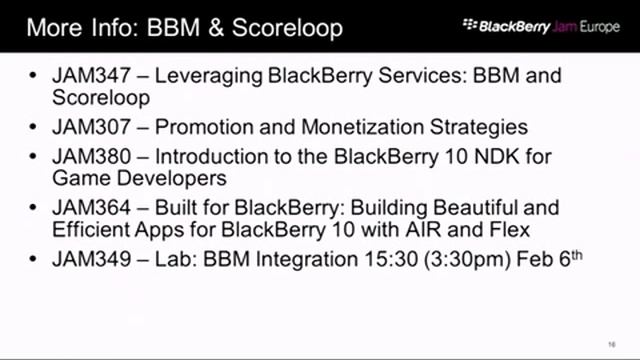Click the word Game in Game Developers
(x=86, y=179)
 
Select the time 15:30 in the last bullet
(x=392, y=260)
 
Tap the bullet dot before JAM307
(x=35, y=128)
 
